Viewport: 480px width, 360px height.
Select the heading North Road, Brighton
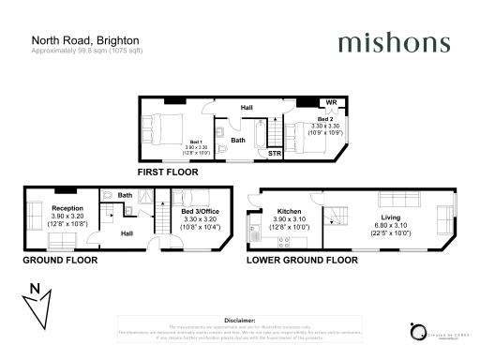click(x=86, y=40)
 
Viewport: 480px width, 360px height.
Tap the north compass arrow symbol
click(x=36, y=305)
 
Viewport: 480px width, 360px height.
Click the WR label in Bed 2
click(x=330, y=102)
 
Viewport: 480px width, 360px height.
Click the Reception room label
click(x=67, y=207)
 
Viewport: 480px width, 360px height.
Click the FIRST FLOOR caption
click(x=168, y=173)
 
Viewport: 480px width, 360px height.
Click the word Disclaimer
click(x=241, y=320)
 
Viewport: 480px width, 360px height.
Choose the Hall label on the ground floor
click(x=127, y=232)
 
